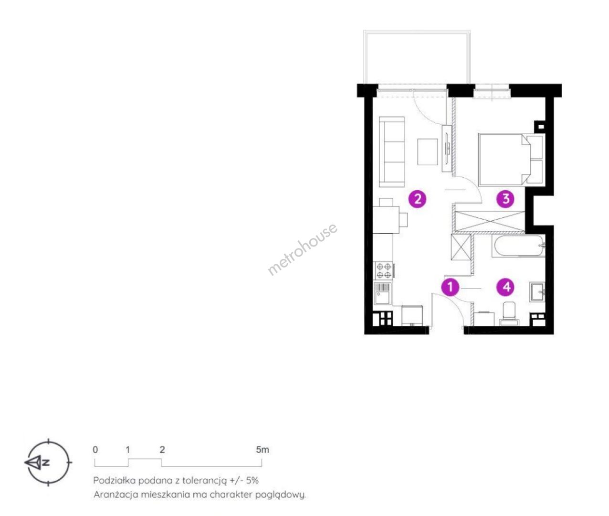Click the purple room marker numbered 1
[450, 287]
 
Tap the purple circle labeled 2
[417, 199]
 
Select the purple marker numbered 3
[505, 199]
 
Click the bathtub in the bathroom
[518, 246]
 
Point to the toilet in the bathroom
[509, 313]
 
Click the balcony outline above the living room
[417, 32]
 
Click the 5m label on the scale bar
[262, 450]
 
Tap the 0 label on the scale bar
[95, 450]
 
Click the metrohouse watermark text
[302, 249]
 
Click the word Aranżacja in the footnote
[116, 495]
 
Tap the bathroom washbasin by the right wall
[537, 292]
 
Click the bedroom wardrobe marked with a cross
[490, 221]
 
